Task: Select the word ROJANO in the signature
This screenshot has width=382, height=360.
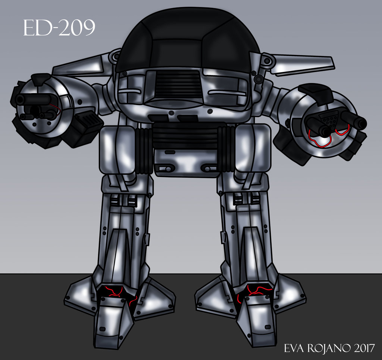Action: pyautogui.click(x=327, y=348)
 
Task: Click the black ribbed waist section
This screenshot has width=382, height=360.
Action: pyautogui.click(x=185, y=136)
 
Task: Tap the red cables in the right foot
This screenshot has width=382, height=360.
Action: pyautogui.click(x=253, y=292)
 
